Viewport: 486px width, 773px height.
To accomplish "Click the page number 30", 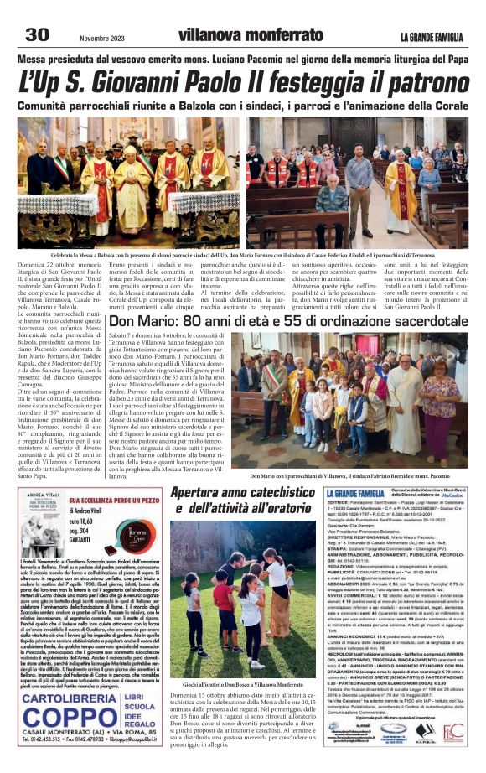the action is click(x=37, y=34).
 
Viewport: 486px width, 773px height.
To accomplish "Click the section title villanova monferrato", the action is click(x=240, y=35).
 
